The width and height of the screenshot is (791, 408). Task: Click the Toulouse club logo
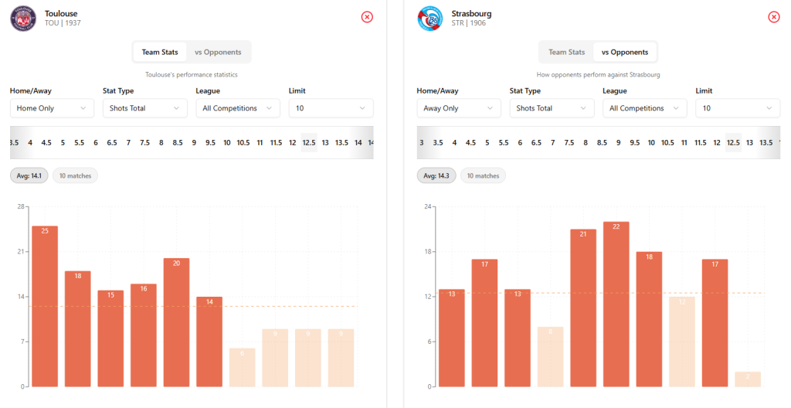coord(23,18)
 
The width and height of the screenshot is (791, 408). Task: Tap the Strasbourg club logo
coord(430,18)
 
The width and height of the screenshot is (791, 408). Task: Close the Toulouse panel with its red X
coord(367,17)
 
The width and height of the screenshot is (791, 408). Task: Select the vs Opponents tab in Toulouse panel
coord(218,53)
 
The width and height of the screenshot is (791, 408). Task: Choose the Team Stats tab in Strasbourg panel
coord(567,53)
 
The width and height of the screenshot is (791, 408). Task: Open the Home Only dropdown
coord(52,108)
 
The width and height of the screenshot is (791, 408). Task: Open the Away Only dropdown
coord(459,108)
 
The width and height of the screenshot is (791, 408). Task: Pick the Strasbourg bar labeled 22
coord(616,304)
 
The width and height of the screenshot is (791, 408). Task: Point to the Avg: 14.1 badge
coord(29,176)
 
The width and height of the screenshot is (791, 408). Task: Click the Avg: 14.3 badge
coord(436,176)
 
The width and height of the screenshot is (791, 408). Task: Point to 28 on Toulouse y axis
coord(20,206)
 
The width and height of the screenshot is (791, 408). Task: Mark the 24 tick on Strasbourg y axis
coord(427,206)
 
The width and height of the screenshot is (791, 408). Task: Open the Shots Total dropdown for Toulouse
coord(145,108)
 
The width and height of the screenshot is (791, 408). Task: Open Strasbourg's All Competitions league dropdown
coord(644,108)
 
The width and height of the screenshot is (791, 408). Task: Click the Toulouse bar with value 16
coord(144,335)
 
